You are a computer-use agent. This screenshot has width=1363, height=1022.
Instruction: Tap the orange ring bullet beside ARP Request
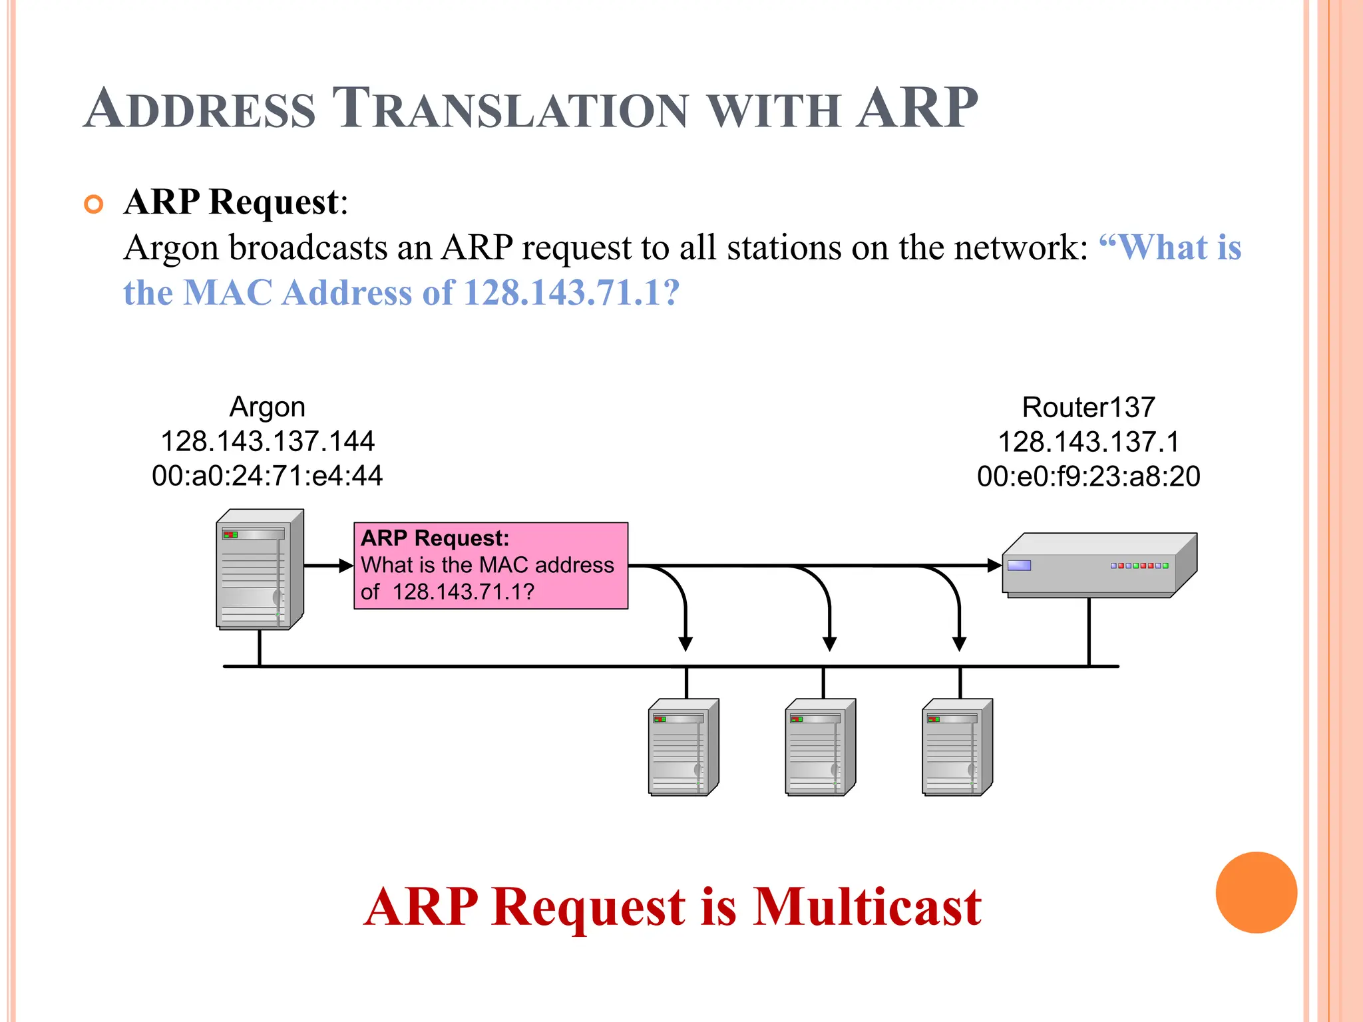[94, 204]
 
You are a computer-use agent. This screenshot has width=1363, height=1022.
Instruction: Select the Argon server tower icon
[260, 570]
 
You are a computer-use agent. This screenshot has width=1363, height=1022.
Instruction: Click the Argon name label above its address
[267, 407]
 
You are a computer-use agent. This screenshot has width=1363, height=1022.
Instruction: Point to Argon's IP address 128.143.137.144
[268, 441]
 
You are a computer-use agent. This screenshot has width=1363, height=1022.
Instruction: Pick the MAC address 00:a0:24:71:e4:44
[267, 476]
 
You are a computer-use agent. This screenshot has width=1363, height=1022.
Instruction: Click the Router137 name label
[1088, 407]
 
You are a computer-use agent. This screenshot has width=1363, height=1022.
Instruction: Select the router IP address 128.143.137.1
[1088, 442]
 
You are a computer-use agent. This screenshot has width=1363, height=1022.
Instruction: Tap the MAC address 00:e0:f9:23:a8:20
[1088, 476]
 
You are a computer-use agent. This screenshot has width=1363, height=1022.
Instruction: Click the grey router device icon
[1098, 566]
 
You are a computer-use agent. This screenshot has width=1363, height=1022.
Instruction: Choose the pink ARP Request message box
[490, 566]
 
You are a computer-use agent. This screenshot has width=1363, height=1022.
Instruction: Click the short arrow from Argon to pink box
[328, 566]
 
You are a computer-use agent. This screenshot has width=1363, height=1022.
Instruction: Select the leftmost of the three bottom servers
[683, 747]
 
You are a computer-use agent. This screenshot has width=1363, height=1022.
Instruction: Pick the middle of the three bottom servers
[820, 747]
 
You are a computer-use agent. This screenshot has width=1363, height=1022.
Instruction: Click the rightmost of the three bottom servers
[957, 747]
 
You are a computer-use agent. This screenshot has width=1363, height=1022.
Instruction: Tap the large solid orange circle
[1256, 892]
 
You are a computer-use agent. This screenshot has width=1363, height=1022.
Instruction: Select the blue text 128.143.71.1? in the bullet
[571, 292]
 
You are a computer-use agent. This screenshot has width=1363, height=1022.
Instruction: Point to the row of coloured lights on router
[1139, 566]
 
